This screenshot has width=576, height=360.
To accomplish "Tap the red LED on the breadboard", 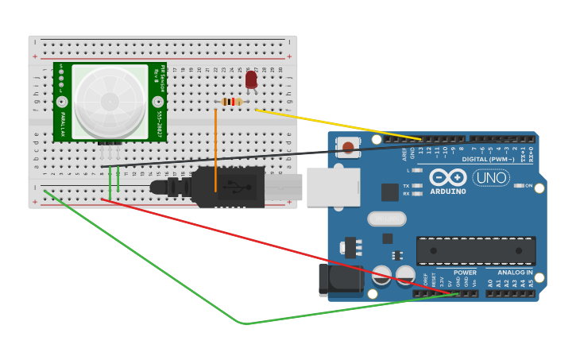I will [x=251, y=79].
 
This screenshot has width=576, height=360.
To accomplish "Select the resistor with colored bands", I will [x=232, y=101].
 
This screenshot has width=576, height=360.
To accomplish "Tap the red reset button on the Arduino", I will [x=348, y=147].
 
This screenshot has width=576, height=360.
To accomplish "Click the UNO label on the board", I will [x=491, y=177].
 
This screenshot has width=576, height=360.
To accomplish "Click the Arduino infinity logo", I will [x=448, y=177].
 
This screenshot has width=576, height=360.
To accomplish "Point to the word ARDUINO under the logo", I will [x=448, y=192].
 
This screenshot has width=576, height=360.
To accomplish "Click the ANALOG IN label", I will [x=515, y=273].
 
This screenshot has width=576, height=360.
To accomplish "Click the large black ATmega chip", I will [x=476, y=250].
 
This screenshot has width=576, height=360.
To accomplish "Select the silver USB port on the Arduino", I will [x=333, y=187].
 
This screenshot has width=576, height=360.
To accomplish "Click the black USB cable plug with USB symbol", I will [x=230, y=188].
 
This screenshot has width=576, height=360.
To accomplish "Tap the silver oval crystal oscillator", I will [x=387, y=219].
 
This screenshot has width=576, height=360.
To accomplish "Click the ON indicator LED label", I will [x=528, y=185].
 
